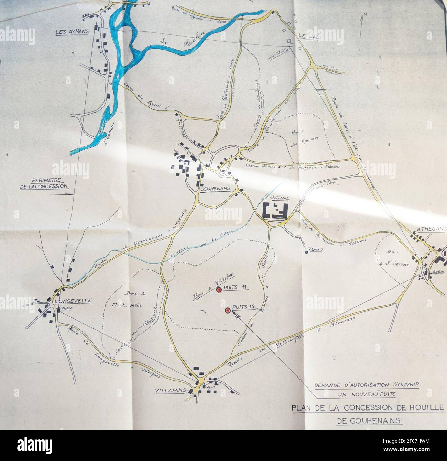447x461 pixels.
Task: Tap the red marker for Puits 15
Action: (227, 311)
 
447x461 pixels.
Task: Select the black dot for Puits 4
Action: (306, 252)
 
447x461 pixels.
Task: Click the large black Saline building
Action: (275, 210)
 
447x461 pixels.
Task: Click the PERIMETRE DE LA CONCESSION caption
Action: (48, 183)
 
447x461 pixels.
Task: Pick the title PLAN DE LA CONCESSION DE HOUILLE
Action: (368, 408)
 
